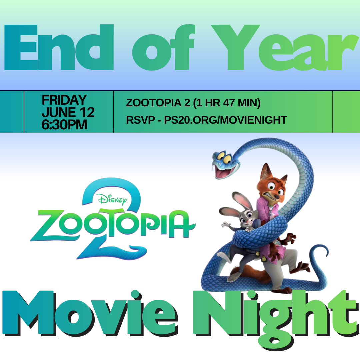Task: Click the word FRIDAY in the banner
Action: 64,100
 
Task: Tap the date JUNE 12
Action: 68,112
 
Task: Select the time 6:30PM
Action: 64,125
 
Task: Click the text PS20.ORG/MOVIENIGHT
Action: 225,120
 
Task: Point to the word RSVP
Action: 141,120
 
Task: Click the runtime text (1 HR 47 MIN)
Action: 227,103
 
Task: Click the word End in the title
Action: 59,47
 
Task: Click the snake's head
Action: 225,163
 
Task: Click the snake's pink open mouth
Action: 223,172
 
